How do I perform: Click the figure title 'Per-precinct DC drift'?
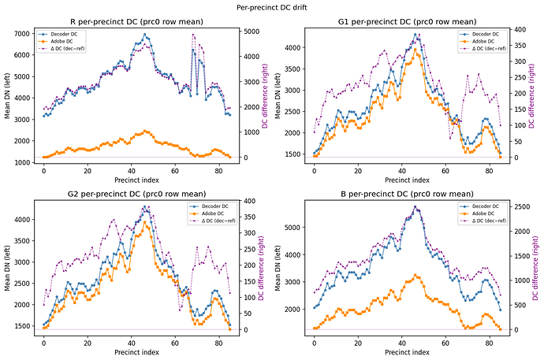point(272,6)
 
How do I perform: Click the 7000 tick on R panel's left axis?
point(24,35)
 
